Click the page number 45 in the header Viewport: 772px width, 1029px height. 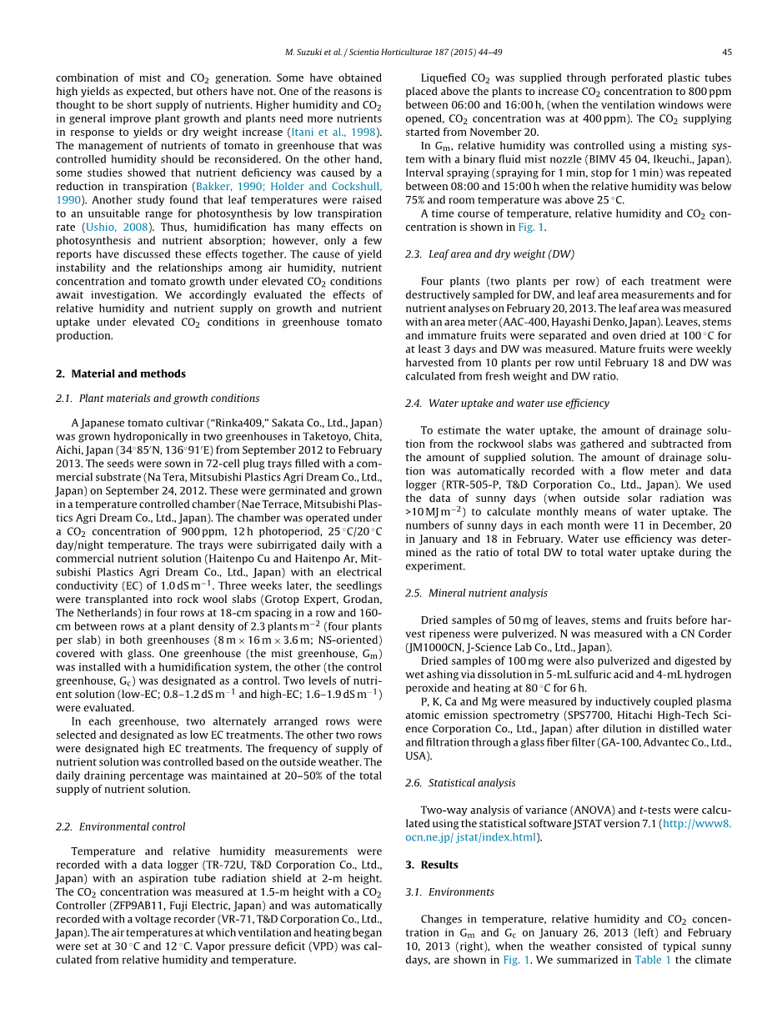coord(727,52)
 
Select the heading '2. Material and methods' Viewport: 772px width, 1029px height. coord(121,374)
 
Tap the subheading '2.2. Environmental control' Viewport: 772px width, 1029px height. coord(121,826)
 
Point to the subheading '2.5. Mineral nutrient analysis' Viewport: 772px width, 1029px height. coord(476,593)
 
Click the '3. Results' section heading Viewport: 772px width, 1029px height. coord(432,865)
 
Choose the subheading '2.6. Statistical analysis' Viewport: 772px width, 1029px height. coord(460,783)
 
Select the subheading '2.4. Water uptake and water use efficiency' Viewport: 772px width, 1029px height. coord(507,403)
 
